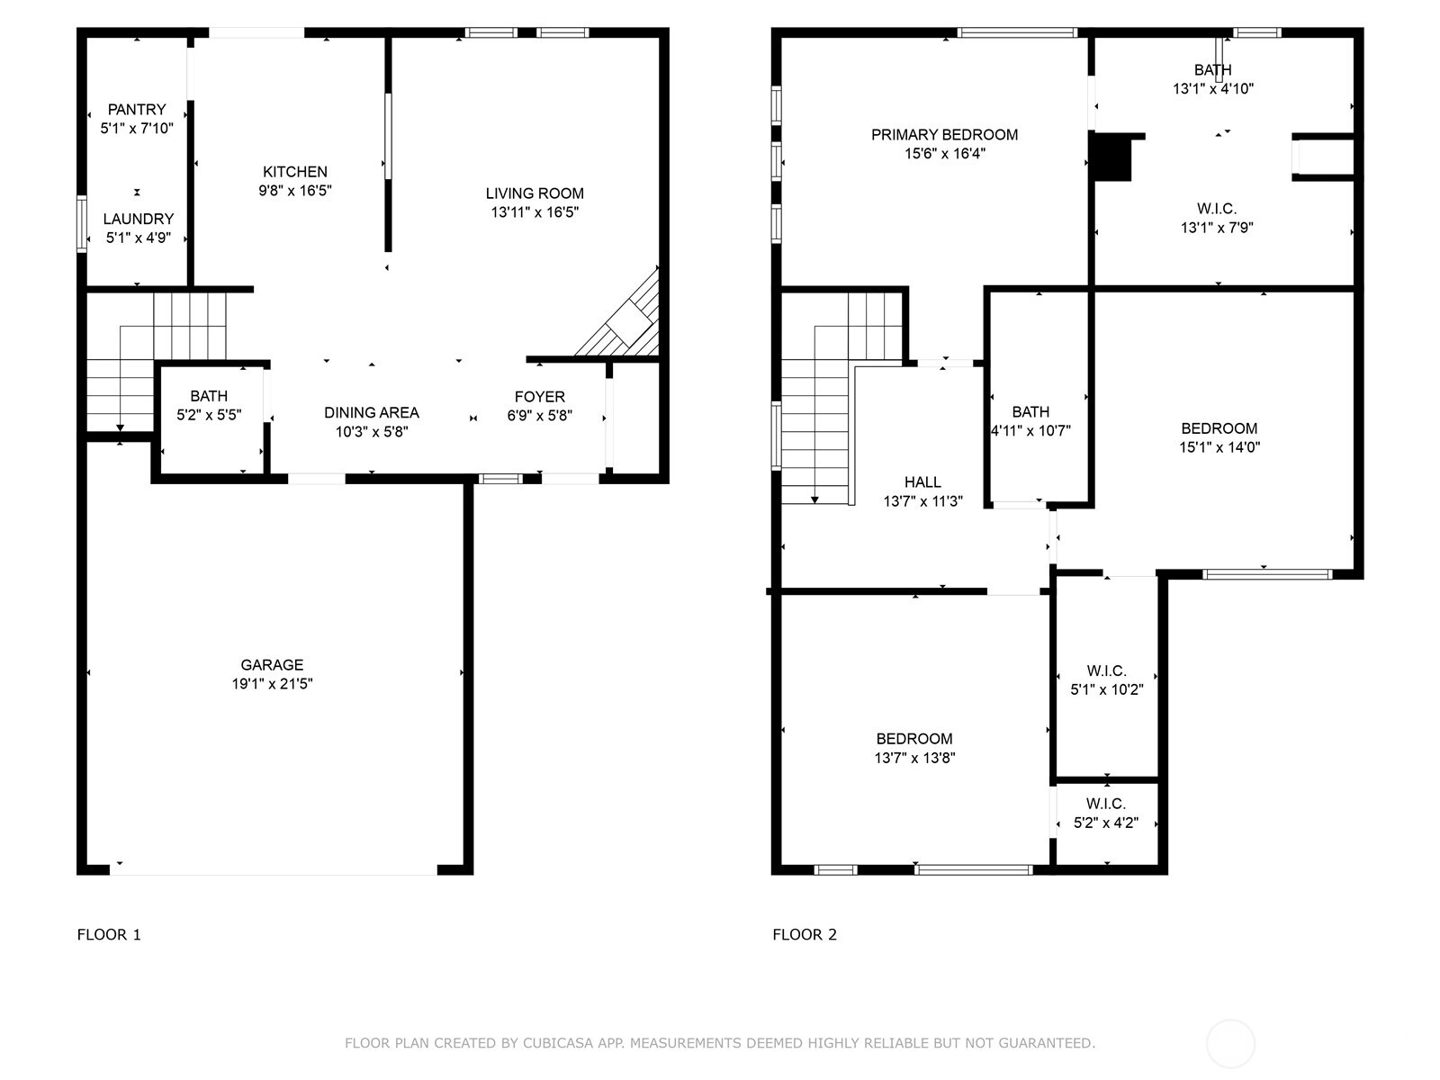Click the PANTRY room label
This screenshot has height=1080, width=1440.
tap(137, 109)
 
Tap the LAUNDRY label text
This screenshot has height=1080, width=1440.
tap(139, 219)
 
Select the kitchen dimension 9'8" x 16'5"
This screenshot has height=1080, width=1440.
tap(295, 191)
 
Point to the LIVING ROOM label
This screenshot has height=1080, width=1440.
tap(535, 193)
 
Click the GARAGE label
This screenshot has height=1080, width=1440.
tap(272, 665)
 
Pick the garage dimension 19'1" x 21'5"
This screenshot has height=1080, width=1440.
tap(273, 684)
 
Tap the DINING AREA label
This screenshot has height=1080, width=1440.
tap(372, 412)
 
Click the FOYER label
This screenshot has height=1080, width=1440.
tap(539, 397)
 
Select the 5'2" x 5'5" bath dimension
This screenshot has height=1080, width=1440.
tap(210, 414)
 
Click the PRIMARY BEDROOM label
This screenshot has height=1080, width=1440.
tap(945, 134)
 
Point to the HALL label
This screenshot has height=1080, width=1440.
tap(922, 482)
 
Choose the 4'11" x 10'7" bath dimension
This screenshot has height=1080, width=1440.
tap(1030, 431)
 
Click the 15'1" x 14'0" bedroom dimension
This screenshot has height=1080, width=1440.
tap(1219, 447)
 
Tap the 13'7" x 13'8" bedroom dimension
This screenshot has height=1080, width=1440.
tap(914, 758)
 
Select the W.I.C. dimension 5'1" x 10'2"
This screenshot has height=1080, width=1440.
tap(1107, 689)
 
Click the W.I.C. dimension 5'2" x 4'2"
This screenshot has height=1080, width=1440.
tap(1106, 823)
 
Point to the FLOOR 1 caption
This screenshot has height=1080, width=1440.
tap(109, 934)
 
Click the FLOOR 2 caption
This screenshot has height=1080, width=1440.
tap(805, 934)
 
